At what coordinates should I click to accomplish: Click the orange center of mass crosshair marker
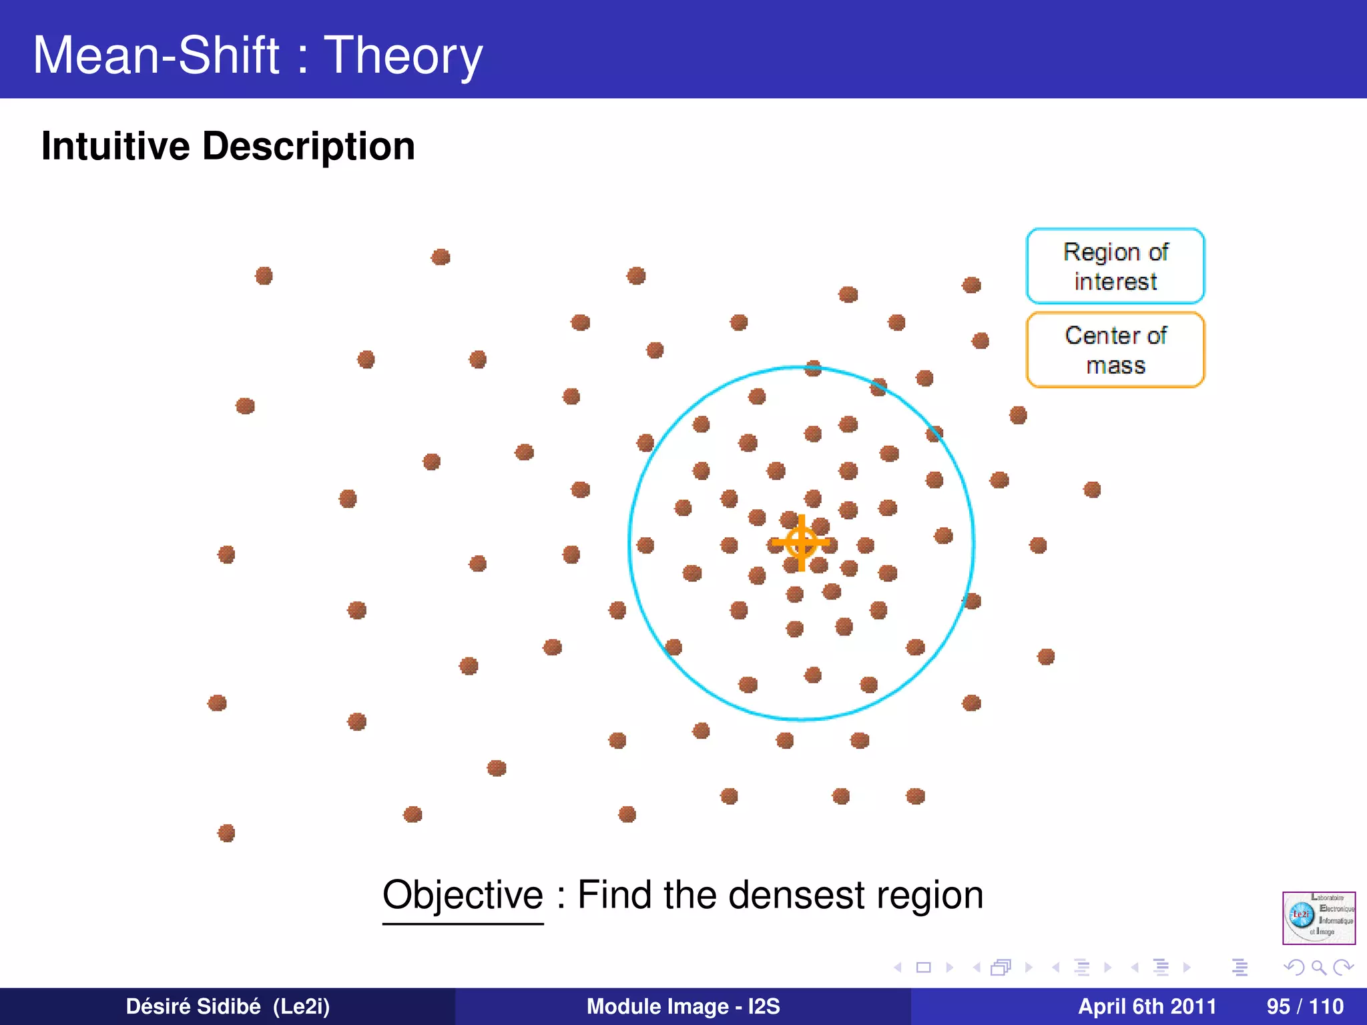(x=801, y=543)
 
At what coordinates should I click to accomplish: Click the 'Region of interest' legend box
(x=1115, y=266)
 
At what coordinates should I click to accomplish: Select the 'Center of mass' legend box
(x=1115, y=350)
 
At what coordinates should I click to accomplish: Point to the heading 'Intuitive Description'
(x=228, y=146)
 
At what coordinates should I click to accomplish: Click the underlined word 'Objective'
(x=463, y=895)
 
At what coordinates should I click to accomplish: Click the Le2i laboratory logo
(x=1318, y=918)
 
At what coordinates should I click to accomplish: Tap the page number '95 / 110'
(x=1304, y=1006)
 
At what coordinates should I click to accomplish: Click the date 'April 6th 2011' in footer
(x=1147, y=1006)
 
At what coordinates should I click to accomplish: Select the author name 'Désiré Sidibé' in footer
(x=194, y=1006)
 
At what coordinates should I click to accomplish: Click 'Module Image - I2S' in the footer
(x=683, y=1006)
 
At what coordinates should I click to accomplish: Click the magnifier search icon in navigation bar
(x=1318, y=967)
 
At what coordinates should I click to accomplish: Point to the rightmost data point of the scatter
(x=1092, y=490)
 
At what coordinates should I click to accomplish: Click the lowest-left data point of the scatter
(x=226, y=833)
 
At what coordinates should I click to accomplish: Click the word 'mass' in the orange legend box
(x=1115, y=366)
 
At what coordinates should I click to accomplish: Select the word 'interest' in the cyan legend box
(x=1115, y=282)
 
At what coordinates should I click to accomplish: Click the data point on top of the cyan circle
(x=813, y=368)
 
